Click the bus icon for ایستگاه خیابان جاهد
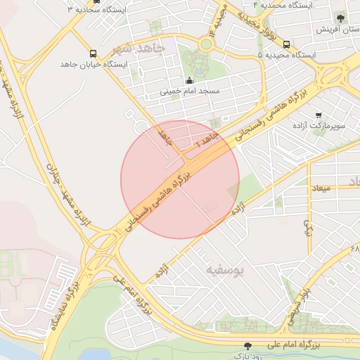[x=94, y=54]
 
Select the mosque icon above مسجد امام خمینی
[x=189, y=81]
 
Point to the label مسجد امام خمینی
[x=190, y=91]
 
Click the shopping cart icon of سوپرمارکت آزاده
[x=319, y=115]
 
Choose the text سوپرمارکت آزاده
[x=319, y=126]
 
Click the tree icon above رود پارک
[x=247, y=345]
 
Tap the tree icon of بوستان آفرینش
[x=341, y=18]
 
